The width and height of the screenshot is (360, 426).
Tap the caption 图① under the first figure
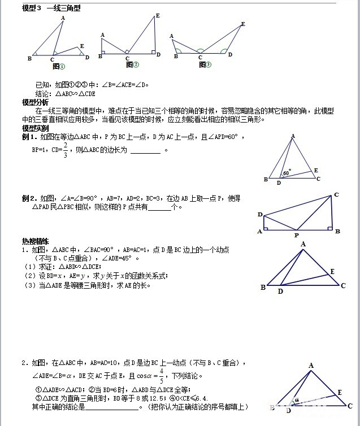click(x=58, y=66)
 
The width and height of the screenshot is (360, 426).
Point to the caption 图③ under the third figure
click(x=204, y=64)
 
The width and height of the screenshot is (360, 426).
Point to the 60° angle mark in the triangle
click(x=287, y=172)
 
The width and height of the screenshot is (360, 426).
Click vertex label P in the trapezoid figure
click(x=296, y=234)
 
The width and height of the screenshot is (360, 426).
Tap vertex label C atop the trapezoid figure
click(x=336, y=195)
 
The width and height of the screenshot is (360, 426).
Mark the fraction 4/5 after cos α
click(x=161, y=375)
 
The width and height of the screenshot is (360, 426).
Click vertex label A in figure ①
click(x=62, y=18)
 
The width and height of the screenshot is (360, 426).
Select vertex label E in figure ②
click(x=157, y=15)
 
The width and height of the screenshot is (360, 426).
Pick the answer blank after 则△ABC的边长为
click(x=145, y=151)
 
